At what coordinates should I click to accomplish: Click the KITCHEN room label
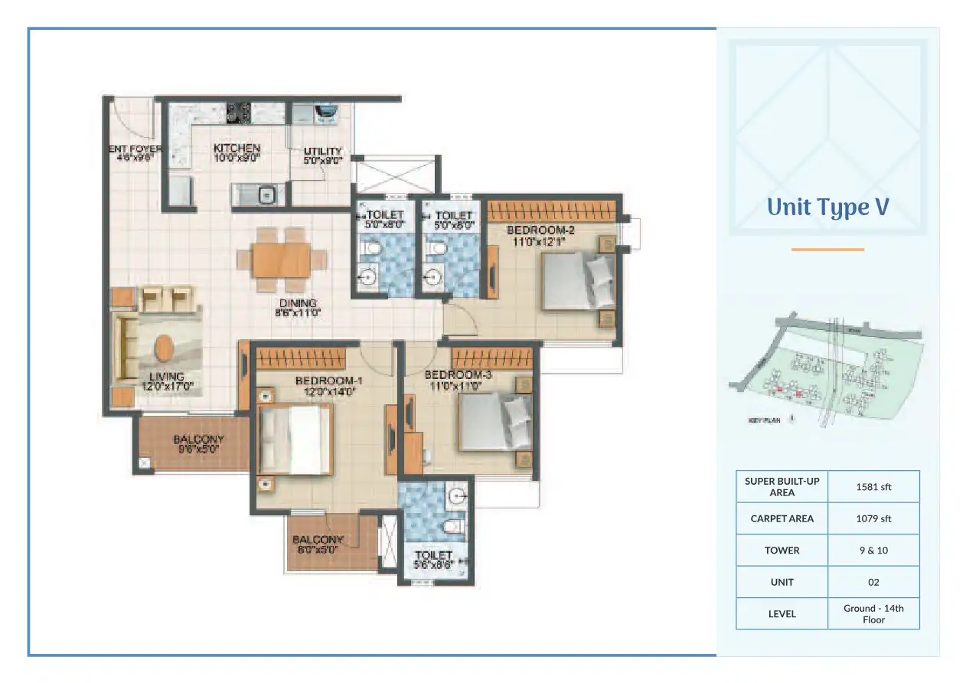(237, 149)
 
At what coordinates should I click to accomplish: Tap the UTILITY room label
(322, 152)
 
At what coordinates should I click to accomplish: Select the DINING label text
(297, 304)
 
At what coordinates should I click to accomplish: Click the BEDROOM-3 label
(457, 374)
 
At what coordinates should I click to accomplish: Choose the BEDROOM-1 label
(328, 381)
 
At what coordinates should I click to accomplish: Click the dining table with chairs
(281, 260)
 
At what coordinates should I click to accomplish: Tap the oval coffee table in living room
(164, 348)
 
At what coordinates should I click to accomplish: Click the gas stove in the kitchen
(243, 113)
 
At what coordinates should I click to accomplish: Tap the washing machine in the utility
(326, 113)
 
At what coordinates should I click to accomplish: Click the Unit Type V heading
(827, 208)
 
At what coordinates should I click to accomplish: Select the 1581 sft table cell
(873, 486)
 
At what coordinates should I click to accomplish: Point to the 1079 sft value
(873, 518)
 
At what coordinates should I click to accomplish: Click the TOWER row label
(782, 551)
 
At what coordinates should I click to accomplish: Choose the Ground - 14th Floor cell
(873, 613)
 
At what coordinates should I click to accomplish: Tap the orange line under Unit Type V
(827, 249)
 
